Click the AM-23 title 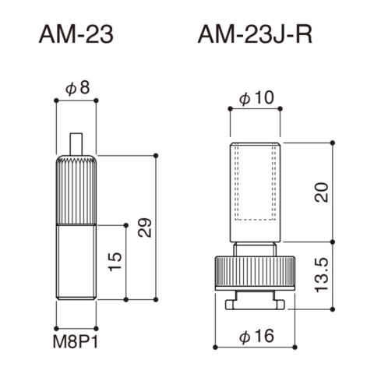pyautogui.click(x=76, y=35)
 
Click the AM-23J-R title pyautogui.click(x=255, y=35)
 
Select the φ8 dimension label pyautogui.click(x=78, y=88)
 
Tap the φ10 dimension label pyautogui.click(x=256, y=98)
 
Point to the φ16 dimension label pyautogui.click(x=256, y=336)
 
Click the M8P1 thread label pyautogui.click(x=76, y=343)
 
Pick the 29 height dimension pyautogui.click(x=145, y=228)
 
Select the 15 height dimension pyautogui.click(x=115, y=262)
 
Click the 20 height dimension pyautogui.click(x=322, y=192)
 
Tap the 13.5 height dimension pyautogui.click(x=322, y=275)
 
